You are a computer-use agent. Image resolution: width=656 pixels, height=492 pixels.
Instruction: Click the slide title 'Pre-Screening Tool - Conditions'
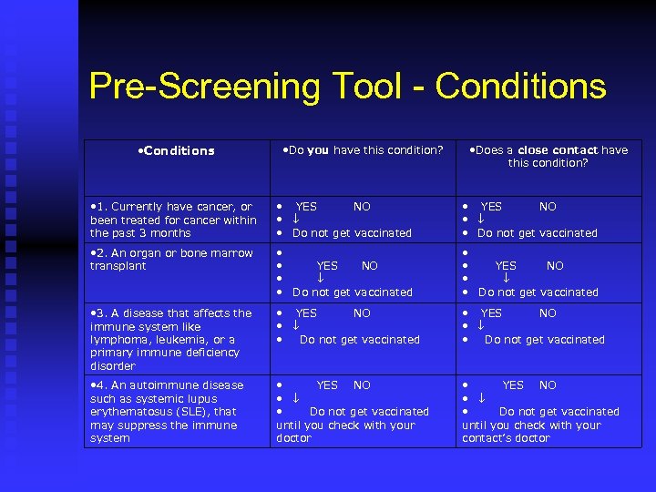[347, 87]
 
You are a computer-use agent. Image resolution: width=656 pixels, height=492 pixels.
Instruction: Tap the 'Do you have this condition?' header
[363, 150]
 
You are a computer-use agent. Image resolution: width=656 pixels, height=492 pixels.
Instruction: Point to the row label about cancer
[173, 220]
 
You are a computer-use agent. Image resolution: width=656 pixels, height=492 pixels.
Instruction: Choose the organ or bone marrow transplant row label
[171, 259]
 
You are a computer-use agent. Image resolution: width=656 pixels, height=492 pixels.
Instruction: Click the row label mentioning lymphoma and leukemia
[170, 339]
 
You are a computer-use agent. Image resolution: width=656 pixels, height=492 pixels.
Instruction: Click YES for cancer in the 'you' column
[307, 207]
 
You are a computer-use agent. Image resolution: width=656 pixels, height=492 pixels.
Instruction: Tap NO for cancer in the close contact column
[548, 207]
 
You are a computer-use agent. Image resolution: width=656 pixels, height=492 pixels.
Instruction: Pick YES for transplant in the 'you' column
[326, 266]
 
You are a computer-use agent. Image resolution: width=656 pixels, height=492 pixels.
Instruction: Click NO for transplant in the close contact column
[555, 266]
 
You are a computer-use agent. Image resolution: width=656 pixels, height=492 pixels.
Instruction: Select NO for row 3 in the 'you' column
[362, 313]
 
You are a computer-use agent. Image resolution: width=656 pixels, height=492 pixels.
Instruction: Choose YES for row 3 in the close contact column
[491, 313]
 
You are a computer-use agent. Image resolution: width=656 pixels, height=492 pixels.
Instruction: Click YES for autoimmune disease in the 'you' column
[326, 385]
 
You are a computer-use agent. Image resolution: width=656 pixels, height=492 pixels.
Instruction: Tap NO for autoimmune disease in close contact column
[548, 385]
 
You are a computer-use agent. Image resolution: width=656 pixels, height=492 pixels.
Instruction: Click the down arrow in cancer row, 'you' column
[296, 220]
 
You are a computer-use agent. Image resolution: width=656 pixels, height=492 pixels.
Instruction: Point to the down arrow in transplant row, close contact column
[507, 279]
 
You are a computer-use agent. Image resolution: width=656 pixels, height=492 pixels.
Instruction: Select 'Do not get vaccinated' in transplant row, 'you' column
[352, 292]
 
